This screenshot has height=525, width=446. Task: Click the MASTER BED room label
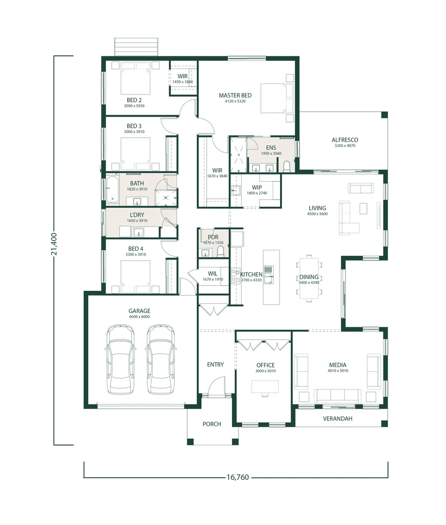tap(235, 95)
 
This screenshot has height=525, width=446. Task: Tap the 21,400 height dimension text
tap(54, 244)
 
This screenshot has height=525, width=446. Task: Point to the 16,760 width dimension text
tap(238, 477)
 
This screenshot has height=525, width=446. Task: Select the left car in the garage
tap(120, 359)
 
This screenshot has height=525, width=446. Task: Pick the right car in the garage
tap(161, 359)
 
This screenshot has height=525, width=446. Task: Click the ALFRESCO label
tap(345, 140)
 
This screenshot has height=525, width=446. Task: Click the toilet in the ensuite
tap(287, 167)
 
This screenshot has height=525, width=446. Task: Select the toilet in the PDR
tap(220, 251)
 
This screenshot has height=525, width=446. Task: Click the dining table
tap(309, 278)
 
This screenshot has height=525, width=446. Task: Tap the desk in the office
tap(265, 387)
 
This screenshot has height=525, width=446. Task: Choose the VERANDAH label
tap(338, 419)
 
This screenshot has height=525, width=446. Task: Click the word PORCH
tap(212, 424)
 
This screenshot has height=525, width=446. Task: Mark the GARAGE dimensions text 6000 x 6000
tap(139, 317)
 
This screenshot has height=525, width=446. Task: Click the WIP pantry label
tap(257, 188)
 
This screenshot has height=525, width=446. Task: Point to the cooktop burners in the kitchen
tap(235, 276)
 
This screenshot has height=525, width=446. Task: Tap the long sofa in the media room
tap(337, 396)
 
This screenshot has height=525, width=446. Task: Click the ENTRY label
tap(215, 364)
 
